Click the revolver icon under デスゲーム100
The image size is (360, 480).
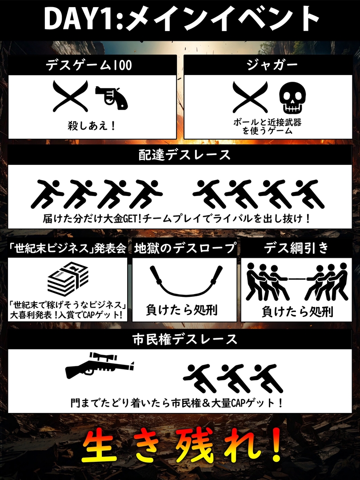pos(112,97)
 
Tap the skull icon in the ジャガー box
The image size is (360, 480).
pos(292,97)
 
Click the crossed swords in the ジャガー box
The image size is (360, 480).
pos(250,97)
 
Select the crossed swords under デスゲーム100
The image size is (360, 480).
pos(70,96)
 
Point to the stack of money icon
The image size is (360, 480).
pos(68,279)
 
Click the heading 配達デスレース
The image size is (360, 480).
pos(184,155)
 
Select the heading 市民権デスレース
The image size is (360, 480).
pos(185,339)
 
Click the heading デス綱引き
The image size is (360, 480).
pos(296,248)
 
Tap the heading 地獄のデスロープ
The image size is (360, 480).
pos(185,248)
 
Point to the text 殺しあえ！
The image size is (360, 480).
pos(92,125)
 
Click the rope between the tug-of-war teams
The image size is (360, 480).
pos(296,279)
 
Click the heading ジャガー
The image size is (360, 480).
pos(272,65)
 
